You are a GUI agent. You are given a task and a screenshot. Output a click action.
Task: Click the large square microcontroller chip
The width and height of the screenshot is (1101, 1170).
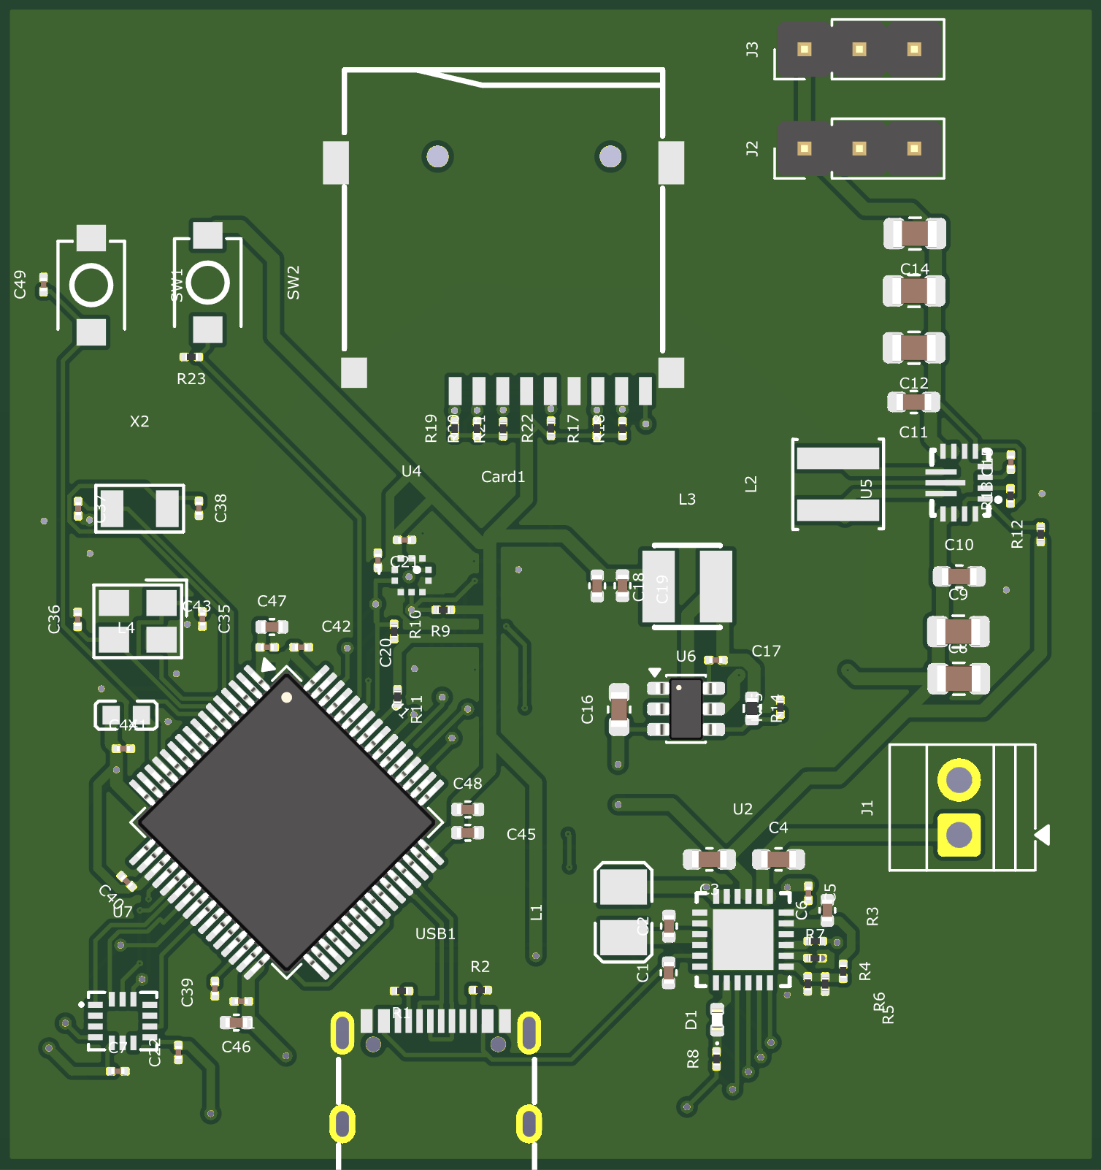pyautogui.click(x=287, y=822)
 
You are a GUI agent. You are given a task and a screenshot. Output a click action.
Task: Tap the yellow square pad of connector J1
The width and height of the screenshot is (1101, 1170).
pyautogui.click(x=959, y=833)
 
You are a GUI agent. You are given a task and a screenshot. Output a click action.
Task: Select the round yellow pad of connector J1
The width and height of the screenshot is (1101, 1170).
pyautogui.click(x=959, y=780)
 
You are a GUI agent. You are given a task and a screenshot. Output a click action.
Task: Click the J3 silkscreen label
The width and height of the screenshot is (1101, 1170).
pyautogui.click(x=752, y=50)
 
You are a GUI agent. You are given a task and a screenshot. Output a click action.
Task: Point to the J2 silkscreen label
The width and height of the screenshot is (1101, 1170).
pyautogui.click(x=752, y=149)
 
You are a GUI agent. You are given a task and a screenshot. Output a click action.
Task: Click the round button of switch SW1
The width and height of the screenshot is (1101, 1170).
pyautogui.click(x=207, y=283)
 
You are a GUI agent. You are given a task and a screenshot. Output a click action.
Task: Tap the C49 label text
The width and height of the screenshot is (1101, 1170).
pyautogui.click(x=20, y=284)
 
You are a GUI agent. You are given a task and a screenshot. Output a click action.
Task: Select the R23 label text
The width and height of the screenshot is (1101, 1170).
pyautogui.click(x=191, y=378)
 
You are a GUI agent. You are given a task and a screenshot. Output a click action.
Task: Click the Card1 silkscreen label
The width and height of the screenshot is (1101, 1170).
pyautogui.click(x=503, y=477)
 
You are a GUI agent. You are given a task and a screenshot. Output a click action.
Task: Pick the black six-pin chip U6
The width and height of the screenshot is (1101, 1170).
pyautogui.click(x=686, y=708)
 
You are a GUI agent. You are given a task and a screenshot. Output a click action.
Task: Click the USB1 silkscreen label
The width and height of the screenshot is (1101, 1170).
pyautogui.click(x=435, y=933)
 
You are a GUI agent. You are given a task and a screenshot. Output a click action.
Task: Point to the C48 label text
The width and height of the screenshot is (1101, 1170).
pyautogui.click(x=467, y=783)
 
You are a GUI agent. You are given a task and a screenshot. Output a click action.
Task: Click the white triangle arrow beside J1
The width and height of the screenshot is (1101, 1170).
pyautogui.click(x=1043, y=834)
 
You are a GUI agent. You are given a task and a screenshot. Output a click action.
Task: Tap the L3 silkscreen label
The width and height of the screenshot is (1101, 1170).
pyautogui.click(x=687, y=500)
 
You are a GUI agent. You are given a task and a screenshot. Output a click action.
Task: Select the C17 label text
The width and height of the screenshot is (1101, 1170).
pyautogui.click(x=766, y=651)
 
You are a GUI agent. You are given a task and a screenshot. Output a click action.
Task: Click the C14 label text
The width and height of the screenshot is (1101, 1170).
pyautogui.click(x=914, y=269)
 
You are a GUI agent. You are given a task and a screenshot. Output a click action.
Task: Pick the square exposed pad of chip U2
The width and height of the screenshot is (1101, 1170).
pyautogui.click(x=743, y=939)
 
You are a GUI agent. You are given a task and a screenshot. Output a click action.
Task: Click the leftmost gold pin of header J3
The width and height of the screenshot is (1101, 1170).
pyautogui.click(x=804, y=50)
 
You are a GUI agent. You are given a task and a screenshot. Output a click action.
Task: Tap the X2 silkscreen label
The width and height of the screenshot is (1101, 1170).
pyautogui.click(x=139, y=421)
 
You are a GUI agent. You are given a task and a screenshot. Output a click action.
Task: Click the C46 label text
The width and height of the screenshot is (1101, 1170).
pyautogui.click(x=236, y=1047)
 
